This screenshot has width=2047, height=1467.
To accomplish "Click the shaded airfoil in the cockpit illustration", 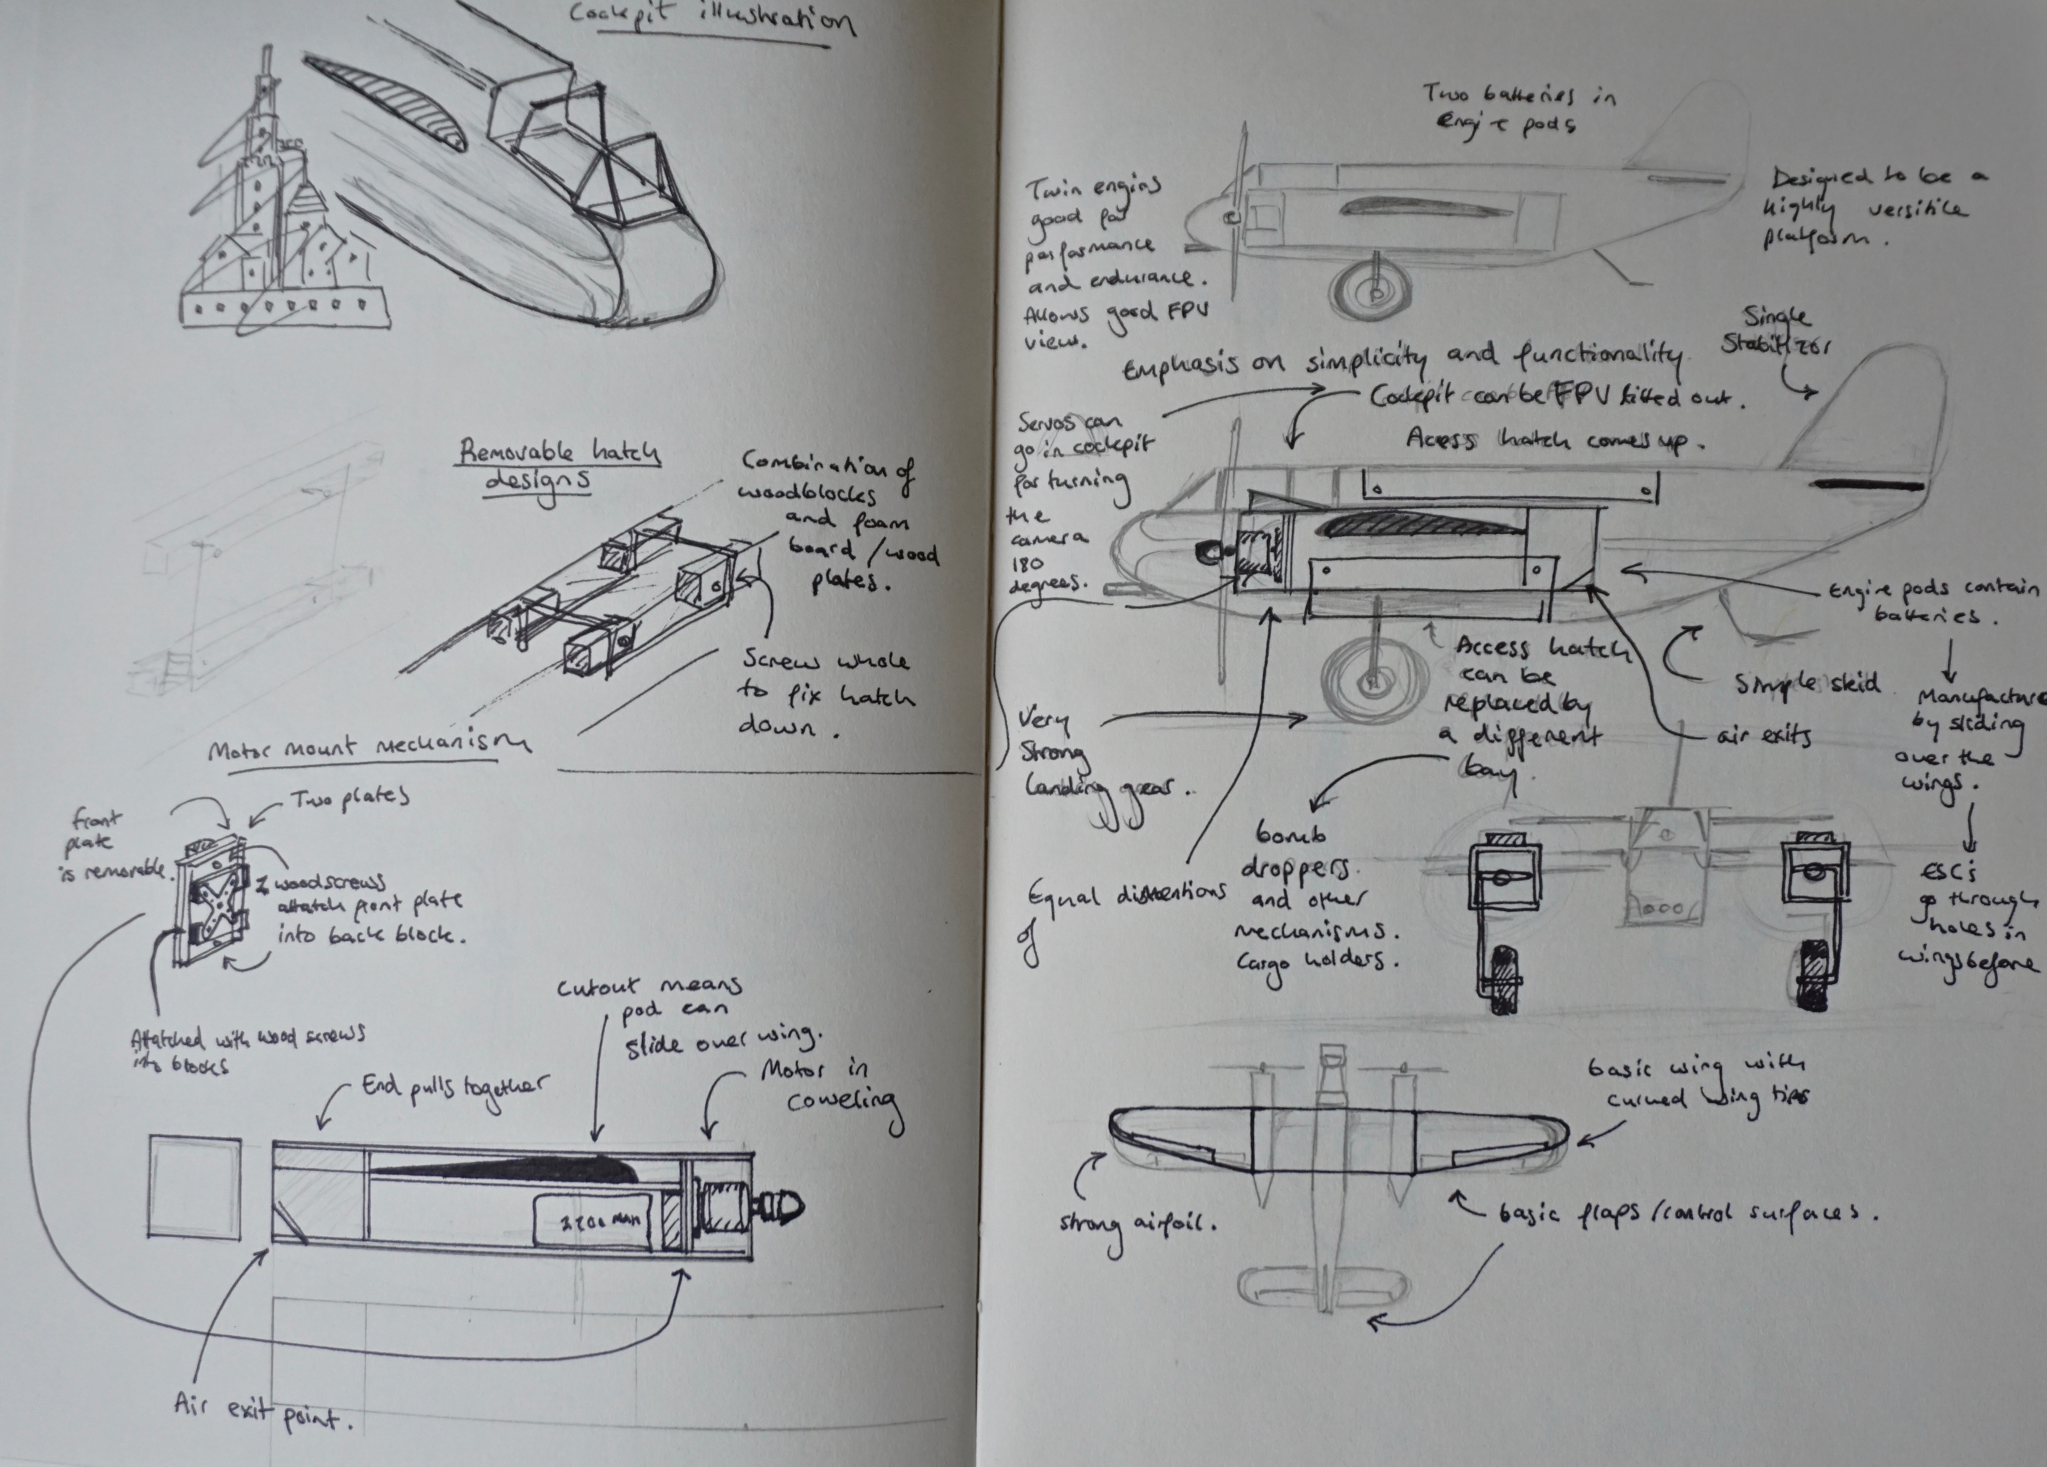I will (388, 104).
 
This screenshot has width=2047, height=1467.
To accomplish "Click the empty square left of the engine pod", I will (194, 1187).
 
